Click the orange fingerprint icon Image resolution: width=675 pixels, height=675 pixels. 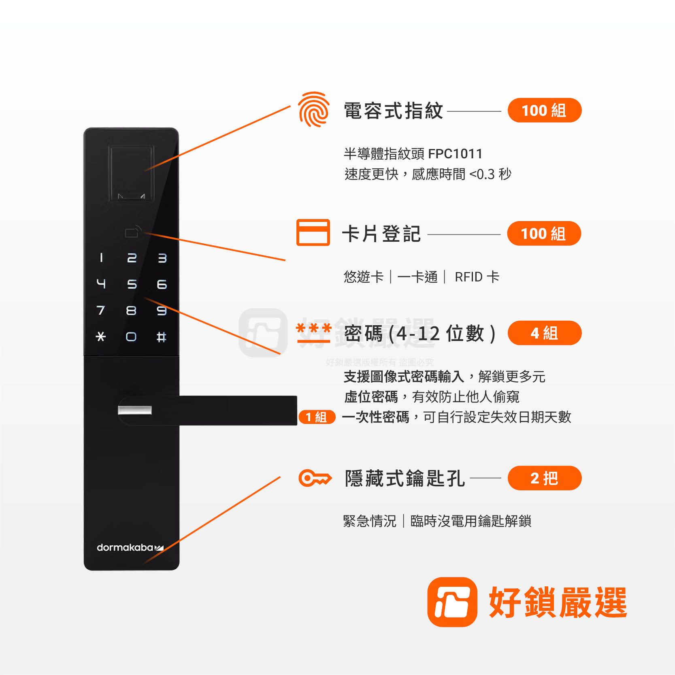313,109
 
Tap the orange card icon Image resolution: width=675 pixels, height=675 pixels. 313,232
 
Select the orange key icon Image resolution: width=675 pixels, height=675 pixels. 315,478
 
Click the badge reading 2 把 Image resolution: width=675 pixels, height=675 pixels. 545,478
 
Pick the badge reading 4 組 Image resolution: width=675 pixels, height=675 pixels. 545,333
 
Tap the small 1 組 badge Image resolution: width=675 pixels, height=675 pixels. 317,417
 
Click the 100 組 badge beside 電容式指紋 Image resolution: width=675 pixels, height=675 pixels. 545,110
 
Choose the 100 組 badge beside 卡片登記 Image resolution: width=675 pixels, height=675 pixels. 544,233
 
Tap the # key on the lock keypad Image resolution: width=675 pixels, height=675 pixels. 161,337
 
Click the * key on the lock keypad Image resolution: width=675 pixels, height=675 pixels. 101,336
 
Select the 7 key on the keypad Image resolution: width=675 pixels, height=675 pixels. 100,311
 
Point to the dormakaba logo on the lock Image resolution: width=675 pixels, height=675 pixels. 130,547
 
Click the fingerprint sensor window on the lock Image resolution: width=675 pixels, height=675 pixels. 131,173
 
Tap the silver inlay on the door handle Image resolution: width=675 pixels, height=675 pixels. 135,410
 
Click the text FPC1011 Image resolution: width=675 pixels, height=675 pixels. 455,154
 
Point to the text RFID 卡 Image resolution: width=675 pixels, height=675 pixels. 477,277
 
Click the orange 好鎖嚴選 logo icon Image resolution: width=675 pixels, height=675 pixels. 452,602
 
